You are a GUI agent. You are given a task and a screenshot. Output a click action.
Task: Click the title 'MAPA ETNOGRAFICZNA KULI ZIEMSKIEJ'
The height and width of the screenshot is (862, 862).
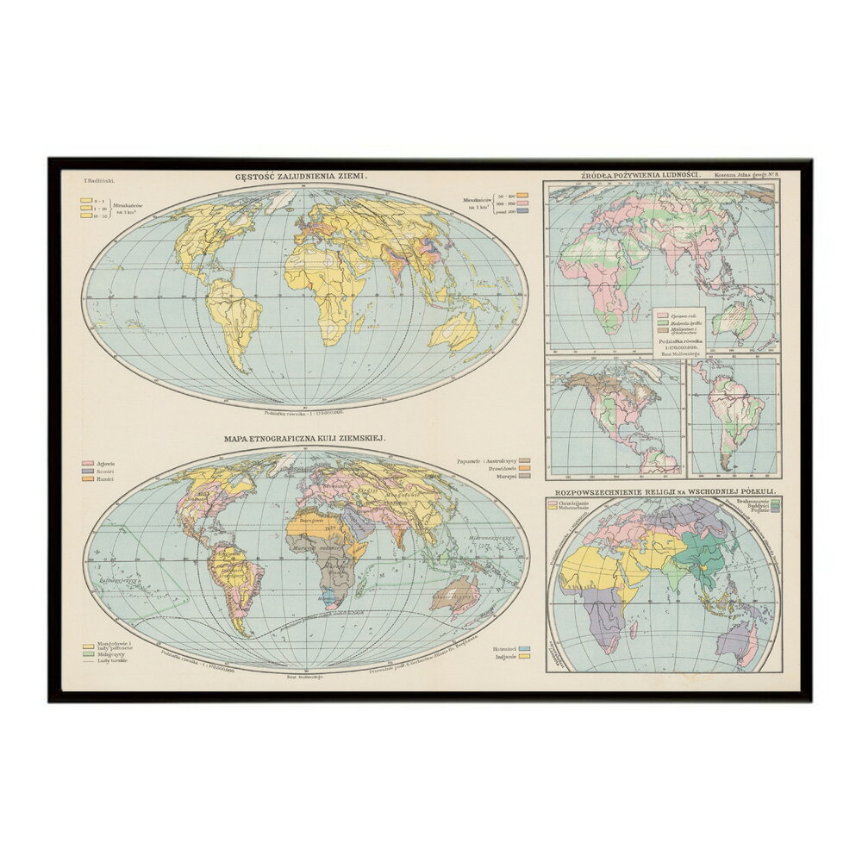[305, 439]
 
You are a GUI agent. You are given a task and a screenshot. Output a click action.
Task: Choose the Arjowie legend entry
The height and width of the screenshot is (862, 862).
[103, 463]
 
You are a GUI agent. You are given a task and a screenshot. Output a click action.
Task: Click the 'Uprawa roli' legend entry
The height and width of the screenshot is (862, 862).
[681, 315]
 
